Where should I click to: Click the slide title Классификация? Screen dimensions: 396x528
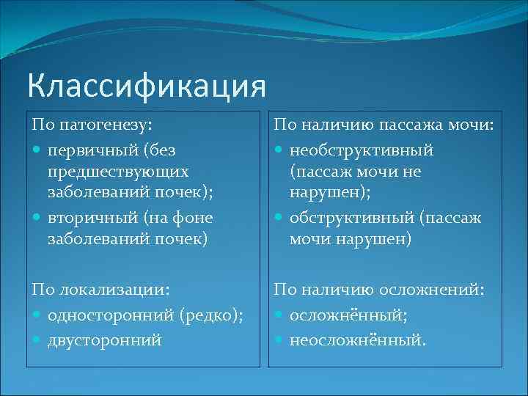(x=145, y=85)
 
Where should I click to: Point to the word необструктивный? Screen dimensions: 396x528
(x=362, y=150)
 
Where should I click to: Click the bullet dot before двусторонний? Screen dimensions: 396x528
(x=37, y=340)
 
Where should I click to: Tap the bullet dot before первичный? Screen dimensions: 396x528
(x=37, y=150)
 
